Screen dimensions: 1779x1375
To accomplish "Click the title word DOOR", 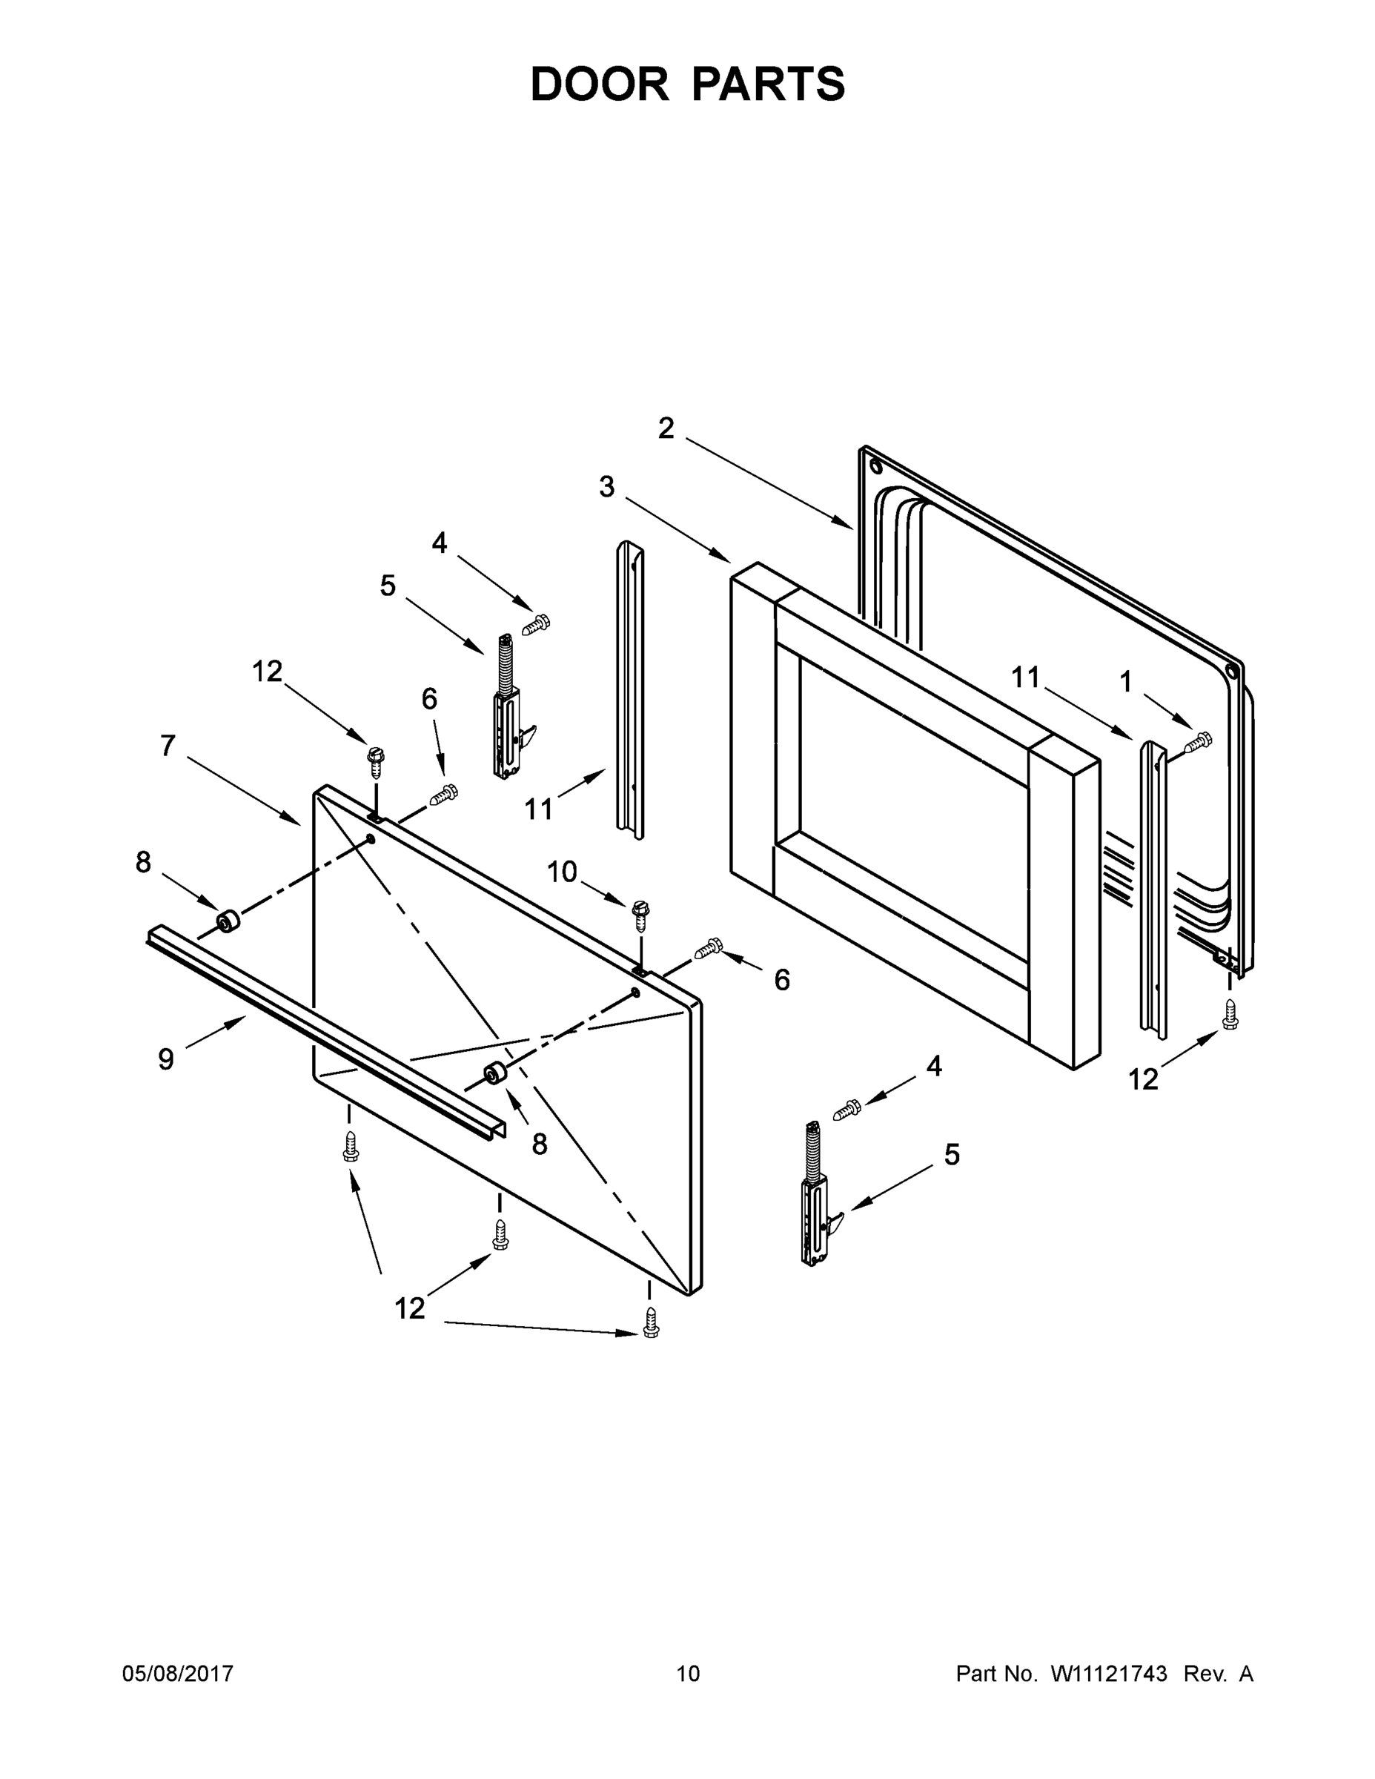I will point(599,84).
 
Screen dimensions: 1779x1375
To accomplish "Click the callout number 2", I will point(666,428).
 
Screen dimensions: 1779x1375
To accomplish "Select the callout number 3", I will point(606,487).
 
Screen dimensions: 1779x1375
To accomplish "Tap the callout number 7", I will point(168,745).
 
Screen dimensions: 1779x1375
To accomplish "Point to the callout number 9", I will point(165,1059).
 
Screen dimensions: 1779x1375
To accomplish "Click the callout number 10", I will point(561,872).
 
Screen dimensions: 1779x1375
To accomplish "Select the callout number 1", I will point(1126,682).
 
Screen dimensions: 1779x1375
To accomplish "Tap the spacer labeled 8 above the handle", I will point(228,922).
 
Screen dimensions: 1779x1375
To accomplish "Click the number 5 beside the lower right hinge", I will point(952,1154).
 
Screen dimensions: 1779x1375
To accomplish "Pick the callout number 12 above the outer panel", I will point(266,671).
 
